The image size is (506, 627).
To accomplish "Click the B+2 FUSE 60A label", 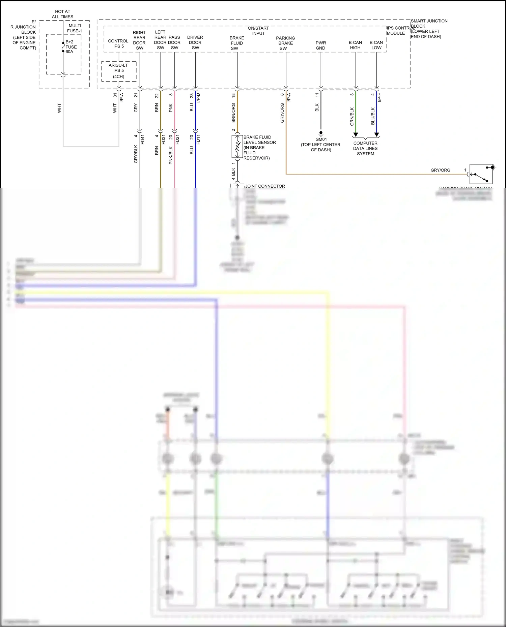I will (x=71, y=47).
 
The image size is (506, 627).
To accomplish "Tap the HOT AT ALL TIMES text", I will (x=62, y=14).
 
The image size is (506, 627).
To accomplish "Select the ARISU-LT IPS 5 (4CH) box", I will (x=119, y=71).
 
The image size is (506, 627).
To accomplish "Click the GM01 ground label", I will (x=321, y=139).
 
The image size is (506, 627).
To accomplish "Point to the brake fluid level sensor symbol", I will (x=237, y=147).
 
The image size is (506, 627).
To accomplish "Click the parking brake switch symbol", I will (x=481, y=174).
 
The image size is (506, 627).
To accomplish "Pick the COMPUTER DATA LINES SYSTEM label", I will (x=365, y=148).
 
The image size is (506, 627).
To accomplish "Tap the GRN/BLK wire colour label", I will (x=352, y=117).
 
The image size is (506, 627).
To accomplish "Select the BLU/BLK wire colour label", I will (x=373, y=116).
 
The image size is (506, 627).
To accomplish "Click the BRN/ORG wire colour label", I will (x=233, y=113).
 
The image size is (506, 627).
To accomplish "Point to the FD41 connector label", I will (x=143, y=139).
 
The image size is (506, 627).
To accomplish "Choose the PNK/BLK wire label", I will (x=171, y=155).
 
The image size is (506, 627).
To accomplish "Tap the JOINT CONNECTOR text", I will (x=265, y=186).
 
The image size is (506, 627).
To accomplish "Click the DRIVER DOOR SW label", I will (x=195, y=42).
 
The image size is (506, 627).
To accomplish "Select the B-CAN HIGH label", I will (x=355, y=45).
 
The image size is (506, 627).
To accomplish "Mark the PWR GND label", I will (x=320, y=45).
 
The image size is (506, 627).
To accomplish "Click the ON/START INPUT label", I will (x=258, y=31).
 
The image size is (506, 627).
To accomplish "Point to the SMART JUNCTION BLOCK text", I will (x=429, y=23).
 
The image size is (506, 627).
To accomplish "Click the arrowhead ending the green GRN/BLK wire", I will (x=356, y=135).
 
